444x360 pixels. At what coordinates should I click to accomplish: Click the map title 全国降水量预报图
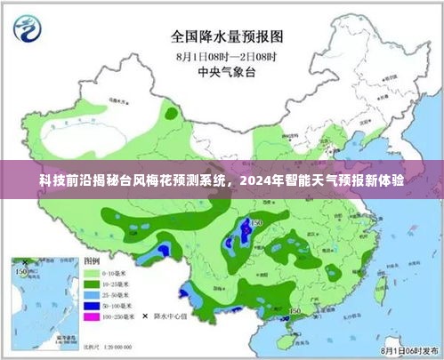click(x=222, y=37)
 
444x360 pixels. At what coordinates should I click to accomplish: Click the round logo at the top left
click(x=30, y=29)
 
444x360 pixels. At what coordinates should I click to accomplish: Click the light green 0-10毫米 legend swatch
click(x=91, y=273)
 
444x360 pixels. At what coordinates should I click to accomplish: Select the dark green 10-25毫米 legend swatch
click(x=91, y=284)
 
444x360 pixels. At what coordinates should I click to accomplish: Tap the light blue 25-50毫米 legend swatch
click(x=91, y=294)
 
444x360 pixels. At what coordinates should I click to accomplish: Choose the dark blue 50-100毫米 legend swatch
click(x=91, y=305)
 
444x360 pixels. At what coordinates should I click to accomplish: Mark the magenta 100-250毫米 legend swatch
click(x=91, y=316)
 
